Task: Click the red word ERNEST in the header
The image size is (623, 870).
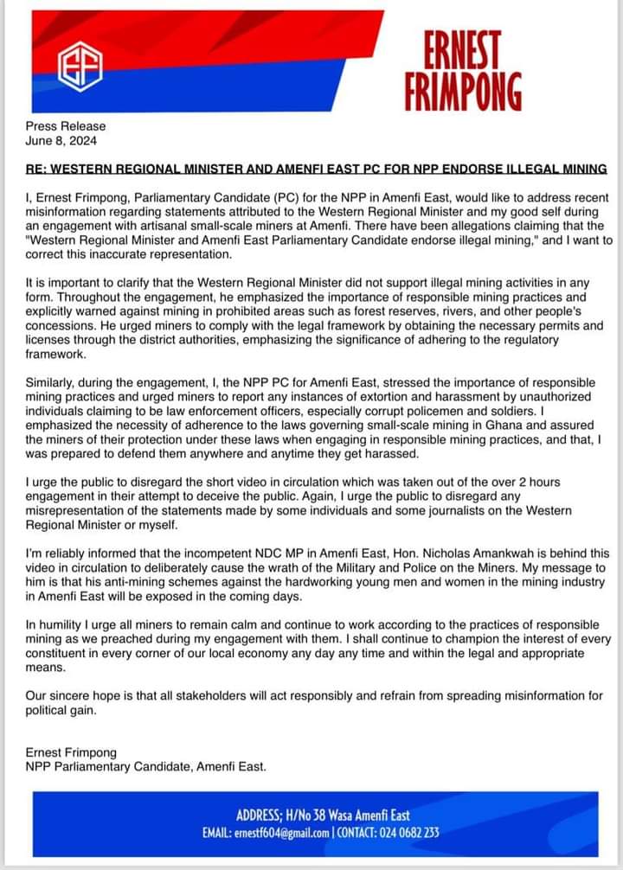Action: [463, 49]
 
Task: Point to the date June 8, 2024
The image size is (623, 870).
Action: [61, 140]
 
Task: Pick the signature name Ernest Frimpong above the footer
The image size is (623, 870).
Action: [72, 752]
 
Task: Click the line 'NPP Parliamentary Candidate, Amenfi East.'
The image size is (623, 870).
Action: [146, 766]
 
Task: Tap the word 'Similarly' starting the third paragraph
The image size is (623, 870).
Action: [53, 382]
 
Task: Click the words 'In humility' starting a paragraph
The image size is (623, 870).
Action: [55, 624]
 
